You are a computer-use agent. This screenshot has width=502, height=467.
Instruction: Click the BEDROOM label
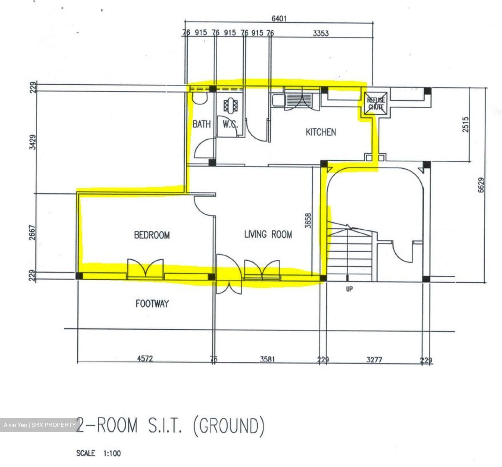152,235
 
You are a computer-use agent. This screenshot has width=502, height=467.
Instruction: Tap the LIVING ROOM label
268,234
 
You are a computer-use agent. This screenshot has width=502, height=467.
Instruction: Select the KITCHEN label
321,132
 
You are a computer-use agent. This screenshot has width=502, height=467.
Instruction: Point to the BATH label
201,124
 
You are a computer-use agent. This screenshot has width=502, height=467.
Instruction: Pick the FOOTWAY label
152,304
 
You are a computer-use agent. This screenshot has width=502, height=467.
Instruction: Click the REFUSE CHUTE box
375,104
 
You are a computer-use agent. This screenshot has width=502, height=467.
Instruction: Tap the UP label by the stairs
349,289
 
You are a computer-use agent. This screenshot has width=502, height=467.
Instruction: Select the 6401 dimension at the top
279,18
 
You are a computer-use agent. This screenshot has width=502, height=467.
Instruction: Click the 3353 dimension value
321,33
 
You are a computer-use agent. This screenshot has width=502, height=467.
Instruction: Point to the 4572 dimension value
145,359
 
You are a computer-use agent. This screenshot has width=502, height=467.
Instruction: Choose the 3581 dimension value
267,359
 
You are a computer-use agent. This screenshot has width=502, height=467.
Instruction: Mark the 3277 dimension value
374,359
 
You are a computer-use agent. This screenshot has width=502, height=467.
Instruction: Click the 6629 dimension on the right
481,185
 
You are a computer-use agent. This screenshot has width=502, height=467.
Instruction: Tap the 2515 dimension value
465,124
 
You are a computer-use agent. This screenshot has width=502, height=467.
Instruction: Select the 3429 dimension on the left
33,142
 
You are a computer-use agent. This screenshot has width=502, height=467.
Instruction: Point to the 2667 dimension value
33,233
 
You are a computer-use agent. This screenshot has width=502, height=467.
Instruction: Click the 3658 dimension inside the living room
308,221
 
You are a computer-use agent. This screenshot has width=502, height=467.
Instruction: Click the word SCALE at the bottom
86,453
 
